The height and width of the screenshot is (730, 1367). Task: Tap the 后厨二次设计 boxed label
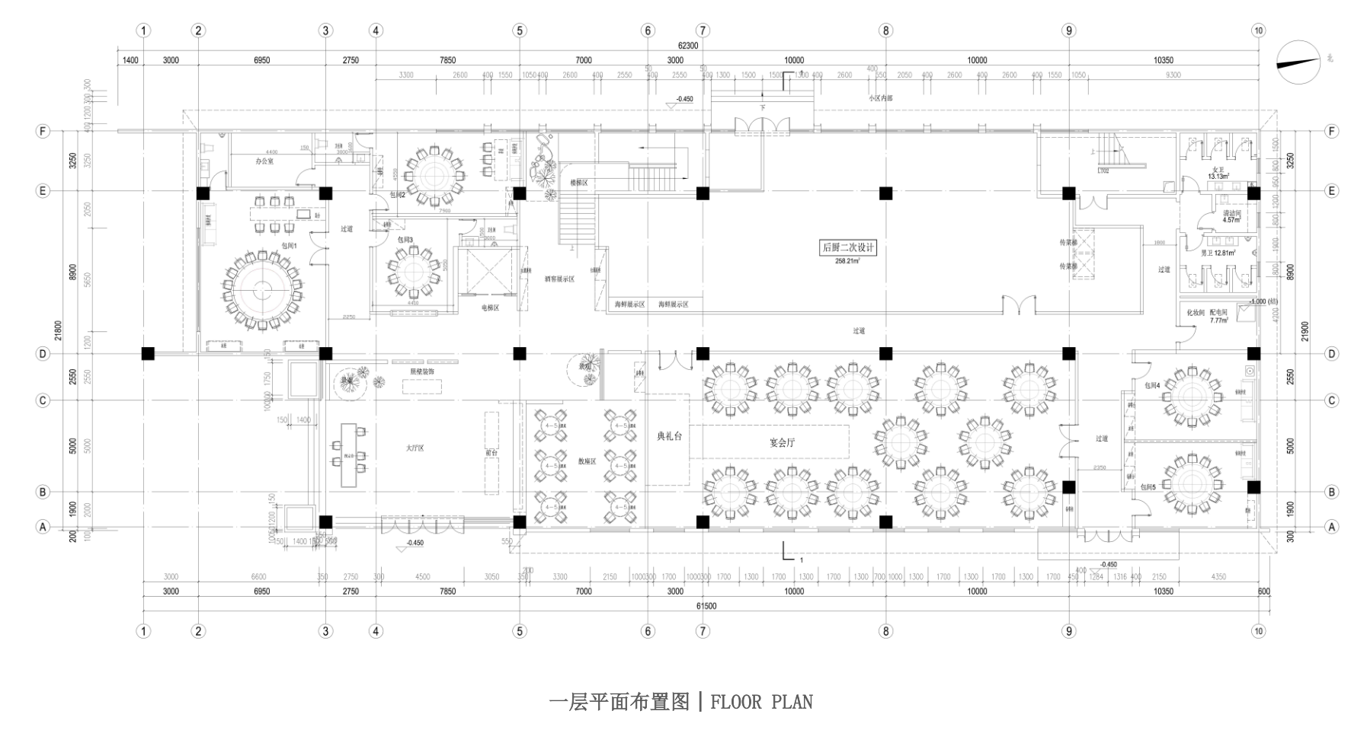pyautogui.click(x=848, y=247)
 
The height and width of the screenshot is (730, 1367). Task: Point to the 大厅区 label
pyautogui.click(x=415, y=448)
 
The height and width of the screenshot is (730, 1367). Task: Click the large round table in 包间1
pyautogui.click(x=262, y=289)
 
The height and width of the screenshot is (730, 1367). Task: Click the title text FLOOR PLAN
pyautogui.click(x=761, y=701)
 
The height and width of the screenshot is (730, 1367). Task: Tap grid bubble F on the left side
pyautogui.click(x=43, y=132)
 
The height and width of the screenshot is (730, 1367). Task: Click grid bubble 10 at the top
pyautogui.click(x=1258, y=30)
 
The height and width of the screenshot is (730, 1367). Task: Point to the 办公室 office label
pyautogui.click(x=264, y=161)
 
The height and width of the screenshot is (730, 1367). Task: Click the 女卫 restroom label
pyautogui.click(x=1217, y=170)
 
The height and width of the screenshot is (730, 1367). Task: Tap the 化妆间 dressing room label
pyautogui.click(x=1194, y=313)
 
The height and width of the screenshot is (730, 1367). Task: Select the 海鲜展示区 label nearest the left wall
pyautogui.click(x=630, y=304)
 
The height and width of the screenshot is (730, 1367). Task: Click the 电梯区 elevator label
pyautogui.click(x=489, y=308)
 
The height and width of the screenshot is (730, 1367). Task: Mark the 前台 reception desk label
pyautogui.click(x=491, y=452)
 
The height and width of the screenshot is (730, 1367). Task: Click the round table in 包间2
pyautogui.click(x=434, y=175)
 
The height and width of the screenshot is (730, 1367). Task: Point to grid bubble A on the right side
pyautogui.click(x=1332, y=527)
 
